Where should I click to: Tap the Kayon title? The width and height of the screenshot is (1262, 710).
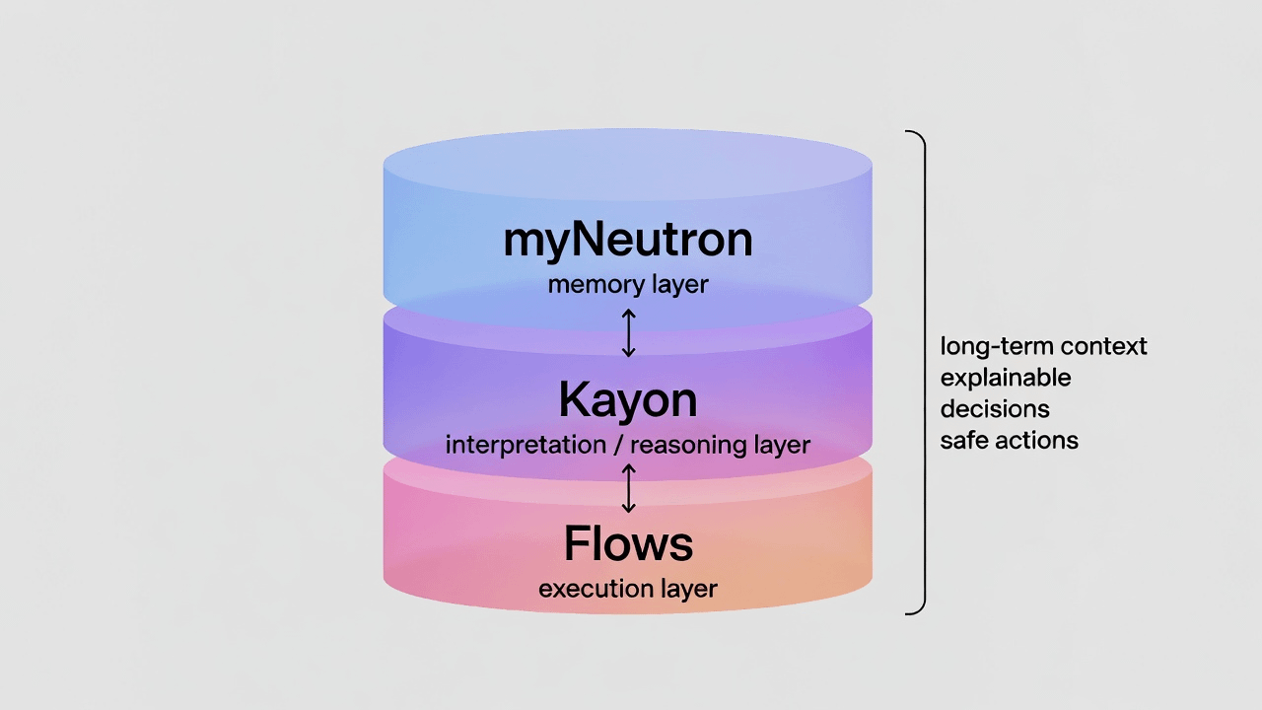click(x=628, y=400)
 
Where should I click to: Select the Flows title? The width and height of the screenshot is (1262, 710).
click(x=628, y=544)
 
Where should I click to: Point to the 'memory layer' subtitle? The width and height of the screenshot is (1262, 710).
click(x=628, y=286)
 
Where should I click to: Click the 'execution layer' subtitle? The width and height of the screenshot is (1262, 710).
click(x=628, y=590)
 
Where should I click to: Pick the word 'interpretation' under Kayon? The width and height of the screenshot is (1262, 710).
click(x=526, y=445)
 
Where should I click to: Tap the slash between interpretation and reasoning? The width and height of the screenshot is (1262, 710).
click(x=618, y=445)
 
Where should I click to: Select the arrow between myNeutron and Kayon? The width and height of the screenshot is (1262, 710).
click(x=629, y=333)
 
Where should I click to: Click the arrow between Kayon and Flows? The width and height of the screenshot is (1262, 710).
click(x=629, y=488)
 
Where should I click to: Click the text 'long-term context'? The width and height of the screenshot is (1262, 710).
click(x=1043, y=347)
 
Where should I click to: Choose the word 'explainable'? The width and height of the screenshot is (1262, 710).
click(x=1006, y=378)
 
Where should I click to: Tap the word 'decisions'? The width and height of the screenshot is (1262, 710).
click(x=995, y=409)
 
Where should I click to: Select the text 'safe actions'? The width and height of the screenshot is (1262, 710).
click(x=1009, y=441)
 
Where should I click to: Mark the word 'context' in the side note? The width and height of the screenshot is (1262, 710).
click(x=1108, y=347)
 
